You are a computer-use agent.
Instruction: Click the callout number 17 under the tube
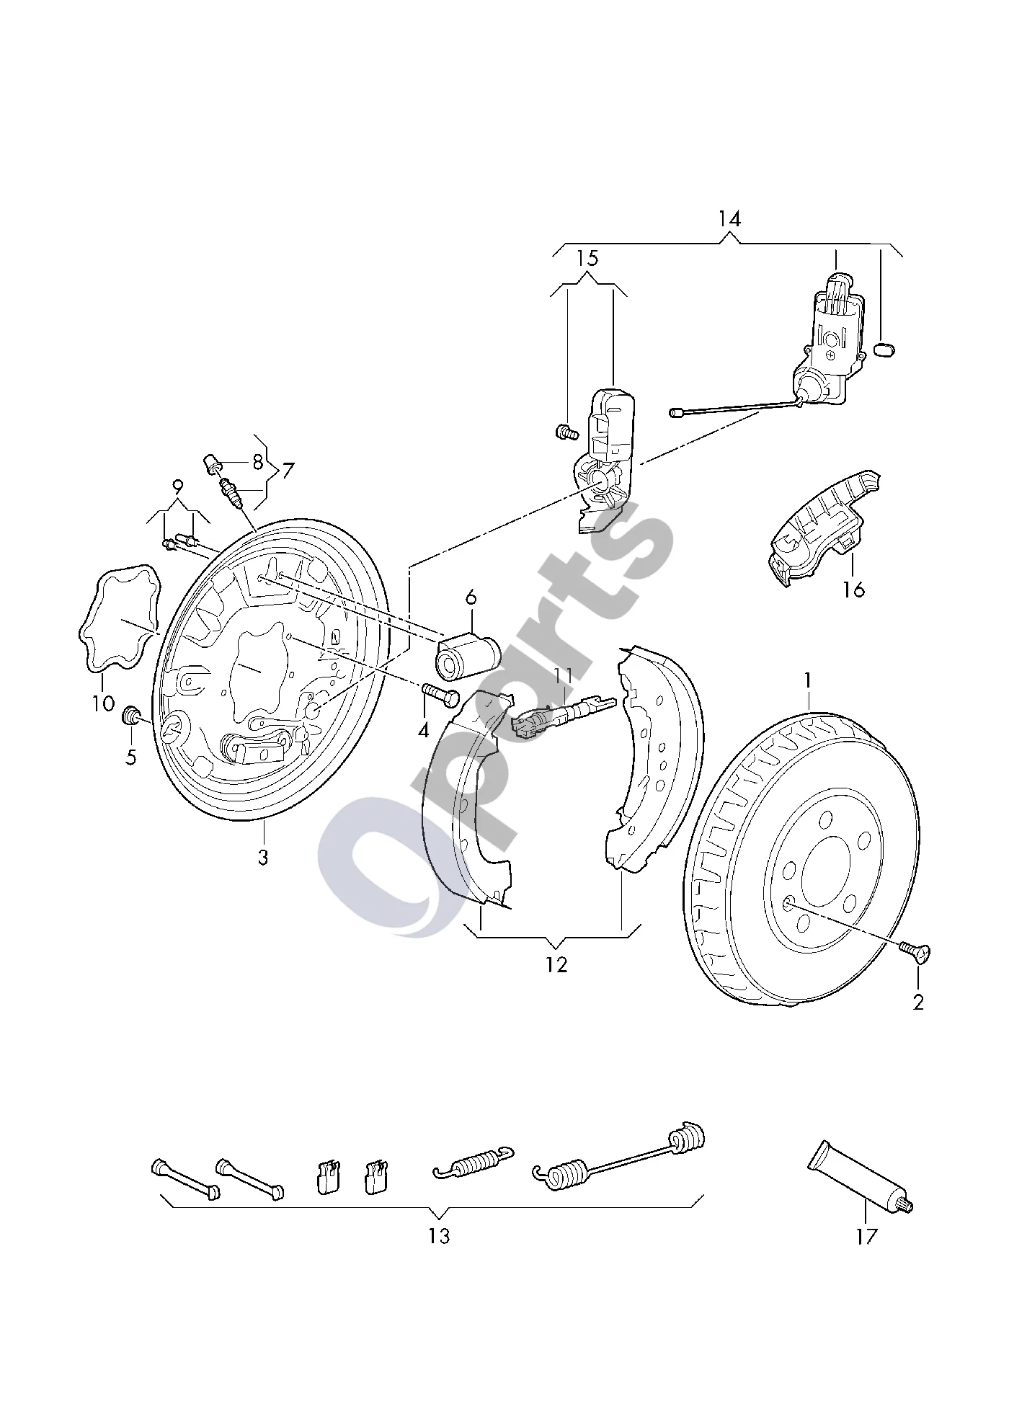click(x=866, y=1237)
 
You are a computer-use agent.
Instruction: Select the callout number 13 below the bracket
click(x=439, y=1235)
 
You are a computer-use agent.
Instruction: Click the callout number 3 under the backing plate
click(x=263, y=858)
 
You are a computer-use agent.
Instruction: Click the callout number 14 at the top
click(x=729, y=219)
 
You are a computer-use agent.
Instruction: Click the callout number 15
click(x=588, y=258)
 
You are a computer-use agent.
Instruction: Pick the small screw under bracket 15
click(x=567, y=432)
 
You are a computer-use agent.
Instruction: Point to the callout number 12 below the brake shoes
click(x=556, y=964)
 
